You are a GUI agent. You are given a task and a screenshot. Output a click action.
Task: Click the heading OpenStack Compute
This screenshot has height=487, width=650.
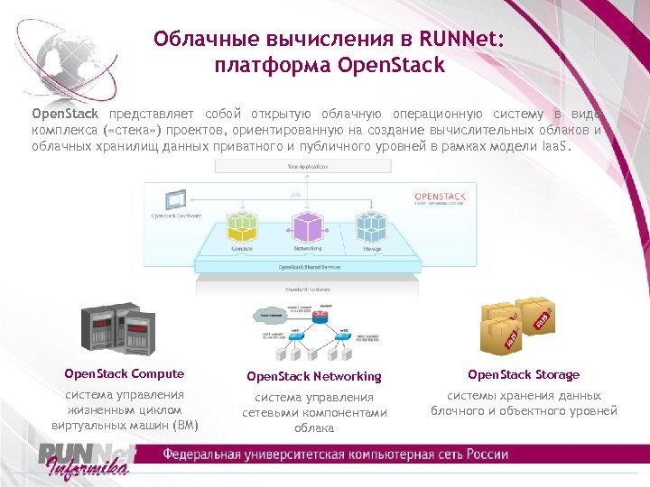tap(125, 374)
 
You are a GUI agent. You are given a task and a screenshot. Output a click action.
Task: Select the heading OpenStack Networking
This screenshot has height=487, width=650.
tap(314, 376)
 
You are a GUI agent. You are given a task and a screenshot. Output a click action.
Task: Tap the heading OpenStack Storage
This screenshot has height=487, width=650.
tap(524, 374)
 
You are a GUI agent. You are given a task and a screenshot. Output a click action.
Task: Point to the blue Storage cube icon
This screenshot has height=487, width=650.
tap(371, 225)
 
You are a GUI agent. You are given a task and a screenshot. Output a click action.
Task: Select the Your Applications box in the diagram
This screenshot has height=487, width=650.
tap(306, 167)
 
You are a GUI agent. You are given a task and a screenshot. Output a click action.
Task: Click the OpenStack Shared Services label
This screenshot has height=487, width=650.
tap(306, 268)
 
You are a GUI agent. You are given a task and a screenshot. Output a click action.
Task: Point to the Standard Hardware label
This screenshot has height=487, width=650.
tap(306, 290)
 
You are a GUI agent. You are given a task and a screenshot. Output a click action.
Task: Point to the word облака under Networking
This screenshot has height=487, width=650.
tap(314, 428)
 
